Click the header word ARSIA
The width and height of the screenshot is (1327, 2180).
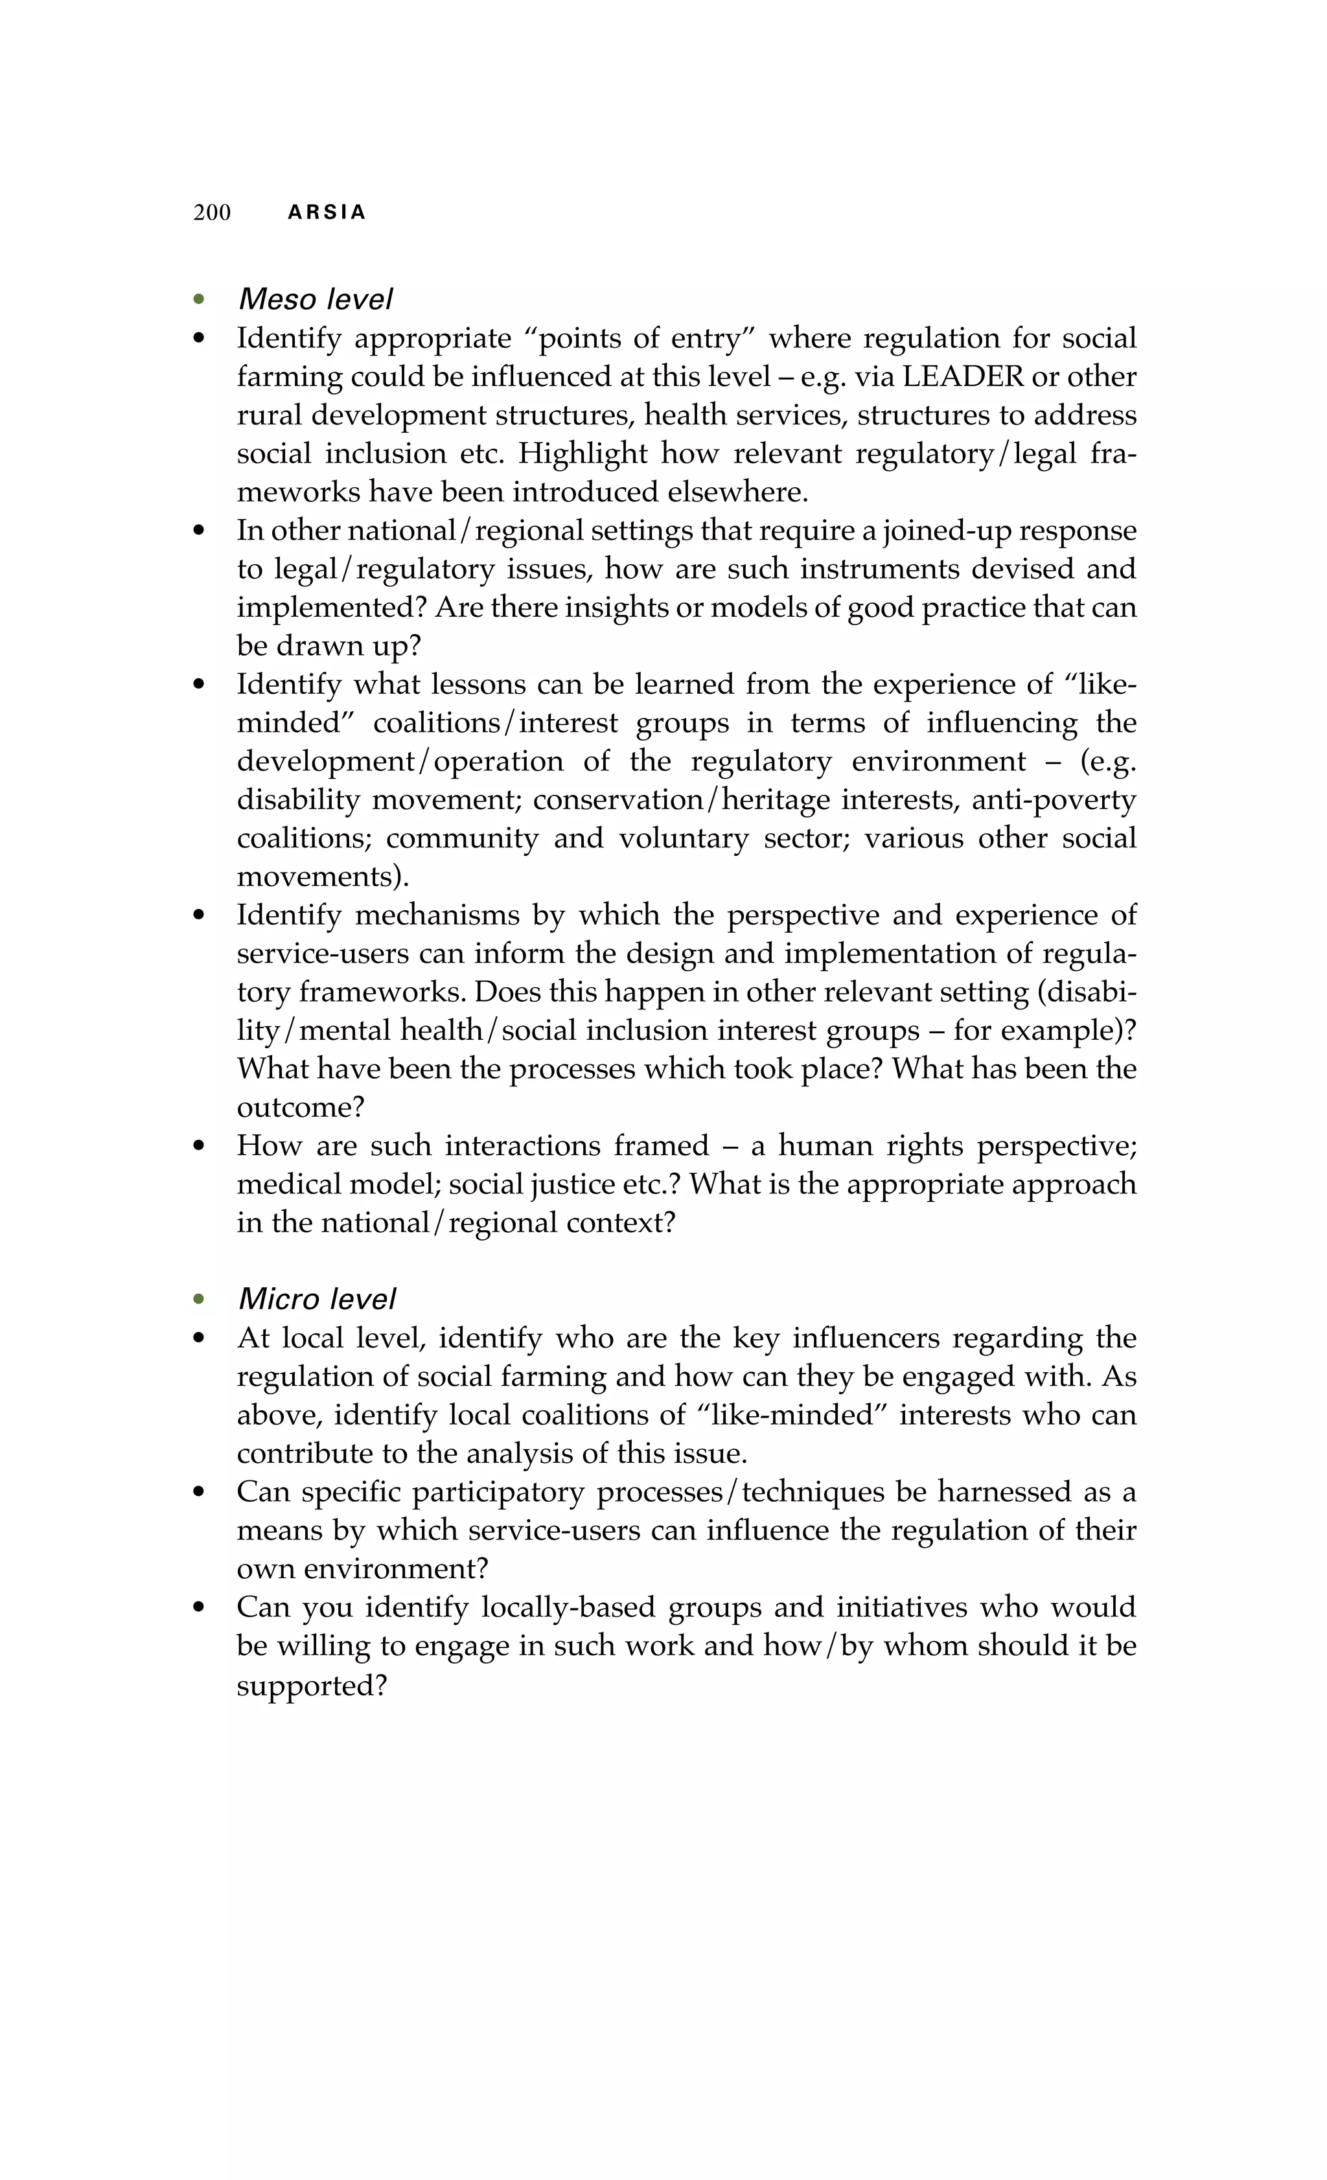pyautogui.click(x=327, y=212)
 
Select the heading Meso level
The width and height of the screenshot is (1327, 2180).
pyautogui.click(x=315, y=299)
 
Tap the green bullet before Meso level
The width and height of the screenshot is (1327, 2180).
pyautogui.click(x=199, y=300)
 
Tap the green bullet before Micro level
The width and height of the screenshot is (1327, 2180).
pyautogui.click(x=199, y=1300)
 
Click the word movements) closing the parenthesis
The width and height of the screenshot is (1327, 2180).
pyautogui.click(x=323, y=876)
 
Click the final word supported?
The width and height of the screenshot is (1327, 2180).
pyautogui.click(x=312, y=1684)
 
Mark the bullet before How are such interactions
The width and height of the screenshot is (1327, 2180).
pyautogui.click(x=199, y=1147)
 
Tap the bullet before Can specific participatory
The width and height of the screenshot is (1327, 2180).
pyautogui.click(x=199, y=1493)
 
